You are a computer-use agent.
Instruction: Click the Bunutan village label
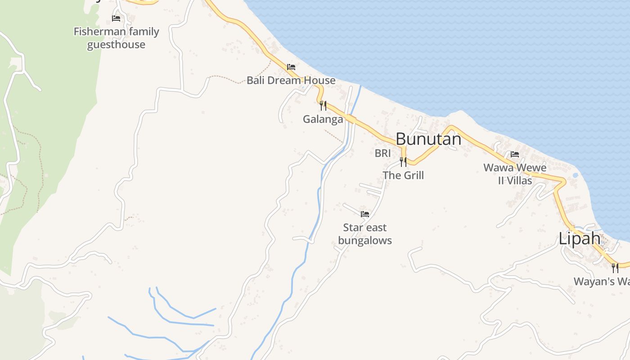pos(428,139)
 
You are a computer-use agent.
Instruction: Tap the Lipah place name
pos(579,238)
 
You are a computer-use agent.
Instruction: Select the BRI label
pos(382,153)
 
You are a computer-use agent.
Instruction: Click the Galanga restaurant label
pos(323,119)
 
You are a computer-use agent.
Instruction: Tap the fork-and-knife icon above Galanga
pos(323,106)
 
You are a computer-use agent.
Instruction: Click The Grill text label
pos(403,175)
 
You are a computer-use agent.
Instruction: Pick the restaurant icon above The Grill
pos(403,162)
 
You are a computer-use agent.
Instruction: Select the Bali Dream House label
pos(291,81)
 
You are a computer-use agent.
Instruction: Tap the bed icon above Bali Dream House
pos(291,67)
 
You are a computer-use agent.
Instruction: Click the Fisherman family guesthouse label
pos(116,38)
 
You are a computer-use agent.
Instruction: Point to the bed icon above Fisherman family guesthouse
pos(116,18)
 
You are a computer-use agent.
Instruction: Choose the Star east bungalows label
pos(365,234)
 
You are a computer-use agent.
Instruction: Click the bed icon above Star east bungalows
pos(365,214)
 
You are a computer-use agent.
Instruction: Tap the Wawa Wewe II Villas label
pos(515,174)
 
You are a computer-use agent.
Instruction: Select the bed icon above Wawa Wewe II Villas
pos(515,154)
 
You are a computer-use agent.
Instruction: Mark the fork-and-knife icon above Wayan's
pos(615,268)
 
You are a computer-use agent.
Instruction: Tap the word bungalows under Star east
pos(365,240)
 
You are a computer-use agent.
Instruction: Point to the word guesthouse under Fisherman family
pos(116,45)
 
